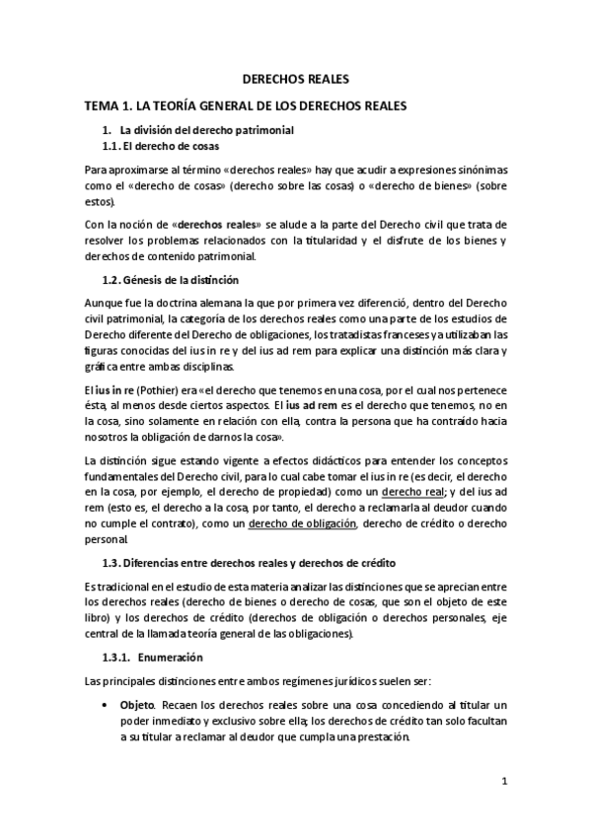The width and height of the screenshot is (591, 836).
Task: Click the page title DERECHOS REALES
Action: pyautogui.click(x=295, y=81)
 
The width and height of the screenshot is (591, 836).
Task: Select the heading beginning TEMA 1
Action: pyautogui.click(x=245, y=105)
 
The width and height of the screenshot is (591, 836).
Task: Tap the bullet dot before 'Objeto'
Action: pyautogui.click(x=106, y=706)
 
